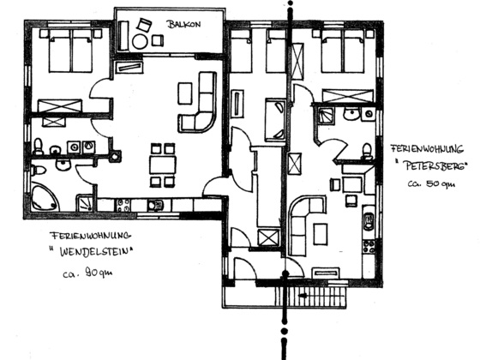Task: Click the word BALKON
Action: [x=183, y=24]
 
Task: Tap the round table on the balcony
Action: [x=140, y=42]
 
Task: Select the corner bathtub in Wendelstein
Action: [x=45, y=197]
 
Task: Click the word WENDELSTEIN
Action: [x=97, y=252]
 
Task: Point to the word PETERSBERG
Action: [x=435, y=166]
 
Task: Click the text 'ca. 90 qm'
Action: [x=87, y=273]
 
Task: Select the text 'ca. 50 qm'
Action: [x=431, y=183]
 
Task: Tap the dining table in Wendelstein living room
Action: [x=163, y=165]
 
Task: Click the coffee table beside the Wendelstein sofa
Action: [x=185, y=93]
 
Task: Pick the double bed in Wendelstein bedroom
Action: [x=70, y=51]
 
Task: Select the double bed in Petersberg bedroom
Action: [x=343, y=51]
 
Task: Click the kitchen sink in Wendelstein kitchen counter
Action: [x=155, y=205]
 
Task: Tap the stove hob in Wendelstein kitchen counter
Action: [x=123, y=205]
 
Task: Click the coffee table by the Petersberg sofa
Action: [x=321, y=234]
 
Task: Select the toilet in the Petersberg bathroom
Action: [x=367, y=151]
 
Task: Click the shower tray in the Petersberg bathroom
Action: [x=325, y=116]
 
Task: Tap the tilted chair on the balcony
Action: [x=144, y=25]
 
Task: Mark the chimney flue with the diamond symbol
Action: [x=115, y=156]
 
